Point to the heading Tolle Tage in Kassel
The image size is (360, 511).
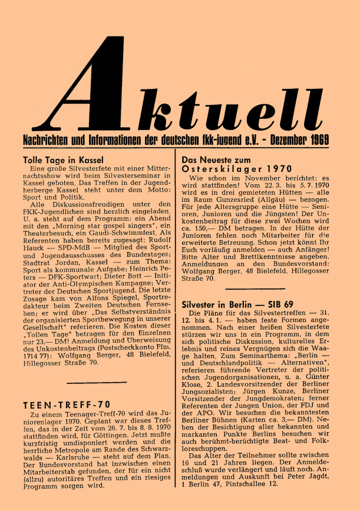63,160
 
